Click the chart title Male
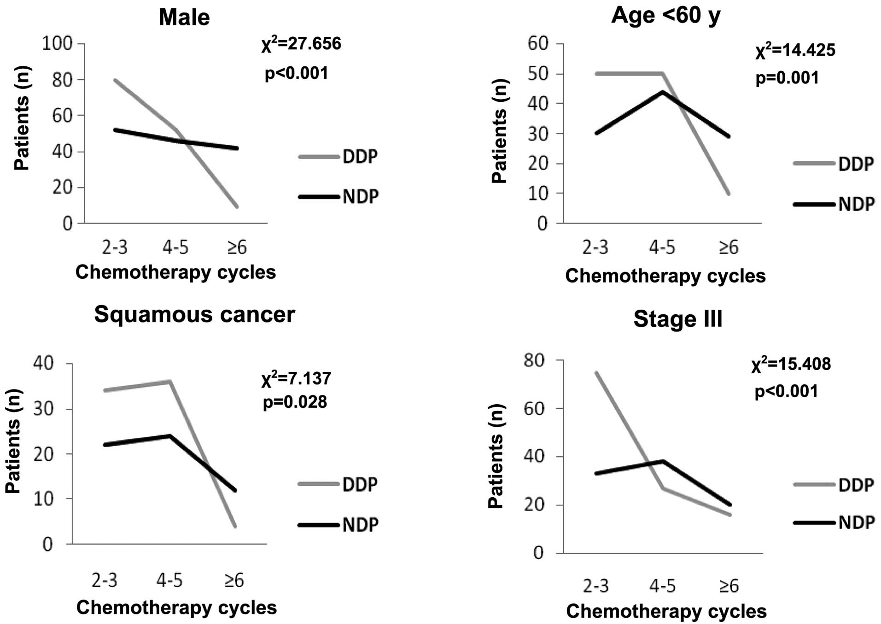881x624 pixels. (184, 18)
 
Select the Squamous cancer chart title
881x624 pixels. (194, 315)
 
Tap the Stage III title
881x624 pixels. (677, 319)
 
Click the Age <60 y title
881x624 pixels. (666, 16)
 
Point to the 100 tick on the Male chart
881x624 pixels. (58, 44)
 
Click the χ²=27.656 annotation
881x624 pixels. (301, 44)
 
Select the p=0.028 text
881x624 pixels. (295, 402)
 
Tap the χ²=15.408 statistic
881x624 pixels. (791, 364)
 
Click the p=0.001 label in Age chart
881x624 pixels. (787, 78)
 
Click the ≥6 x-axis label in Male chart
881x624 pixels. (237, 248)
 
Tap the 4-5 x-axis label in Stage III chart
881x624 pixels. (662, 586)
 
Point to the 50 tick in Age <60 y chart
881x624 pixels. (538, 74)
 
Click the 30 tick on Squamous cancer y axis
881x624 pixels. (44, 409)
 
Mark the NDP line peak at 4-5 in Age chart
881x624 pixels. (662, 92)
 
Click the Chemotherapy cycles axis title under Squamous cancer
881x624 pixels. (176, 608)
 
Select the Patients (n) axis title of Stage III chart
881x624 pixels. (496, 456)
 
